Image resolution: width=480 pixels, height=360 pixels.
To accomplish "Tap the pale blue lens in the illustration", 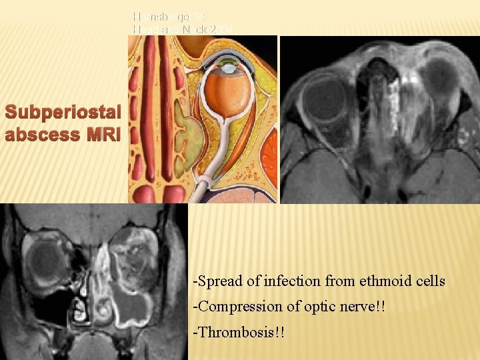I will [229, 68].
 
